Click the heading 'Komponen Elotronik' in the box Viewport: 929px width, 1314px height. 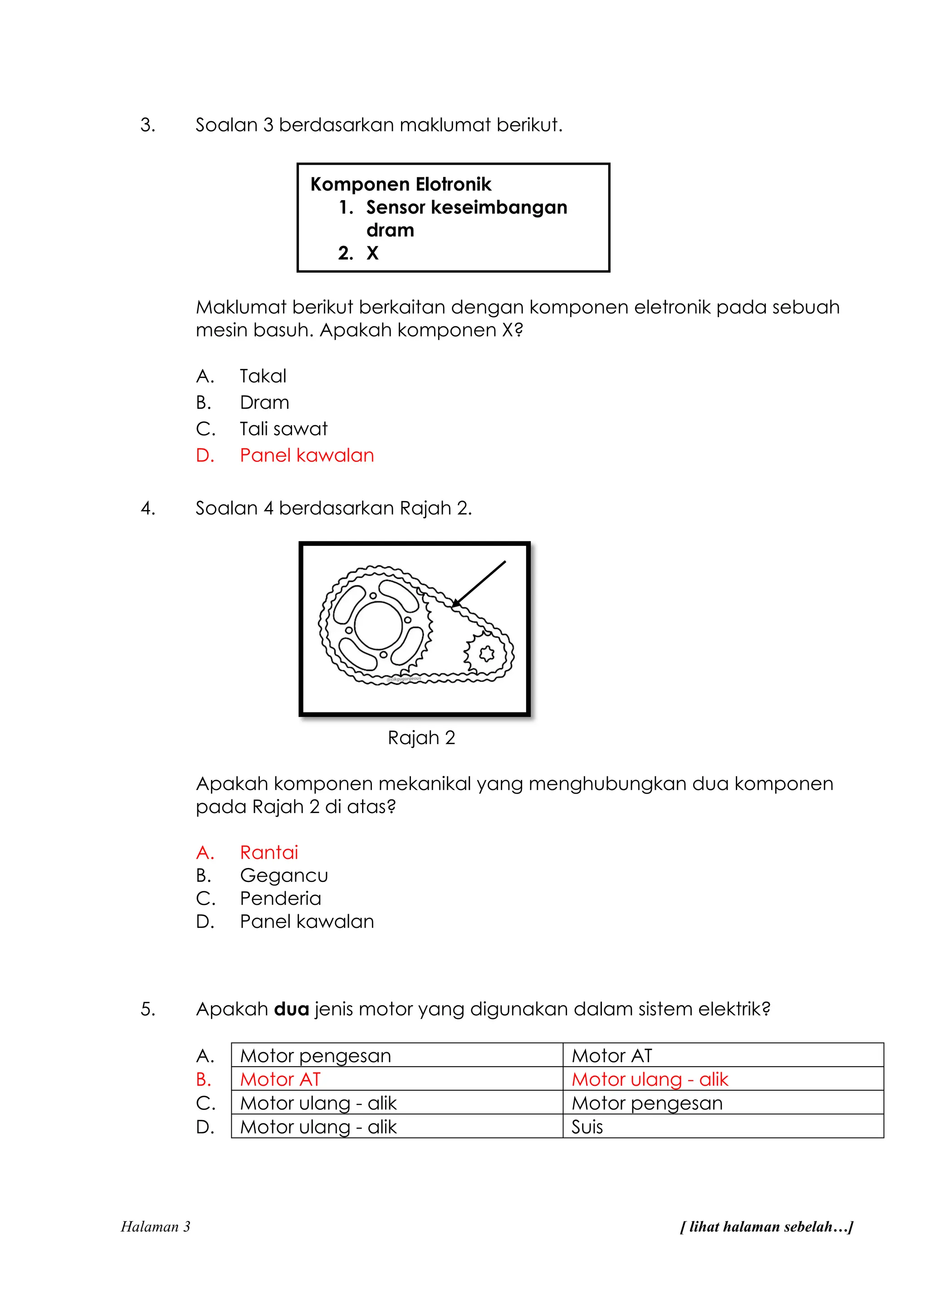pos(401,184)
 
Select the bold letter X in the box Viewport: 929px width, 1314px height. pos(372,253)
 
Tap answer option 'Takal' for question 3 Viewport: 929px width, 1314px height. pos(263,376)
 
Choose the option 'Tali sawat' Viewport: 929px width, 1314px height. pos(283,429)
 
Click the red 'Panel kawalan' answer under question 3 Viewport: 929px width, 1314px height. pos(307,456)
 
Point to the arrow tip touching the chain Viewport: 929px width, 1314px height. pos(454,605)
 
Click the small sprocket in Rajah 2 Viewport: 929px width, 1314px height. pos(486,653)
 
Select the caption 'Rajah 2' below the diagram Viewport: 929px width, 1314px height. pos(421,738)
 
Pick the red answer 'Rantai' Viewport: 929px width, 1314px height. pos(269,853)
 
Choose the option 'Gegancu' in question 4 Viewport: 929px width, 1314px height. pos(284,876)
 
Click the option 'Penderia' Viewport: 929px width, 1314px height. pos(280,898)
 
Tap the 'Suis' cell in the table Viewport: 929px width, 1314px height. pos(587,1127)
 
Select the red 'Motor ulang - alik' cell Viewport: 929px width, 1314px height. pos(650,1079)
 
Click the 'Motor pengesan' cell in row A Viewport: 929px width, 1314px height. pos(315,1055)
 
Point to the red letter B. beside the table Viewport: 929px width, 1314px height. pos(204,1079)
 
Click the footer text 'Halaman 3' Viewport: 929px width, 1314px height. pos(155,1226)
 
